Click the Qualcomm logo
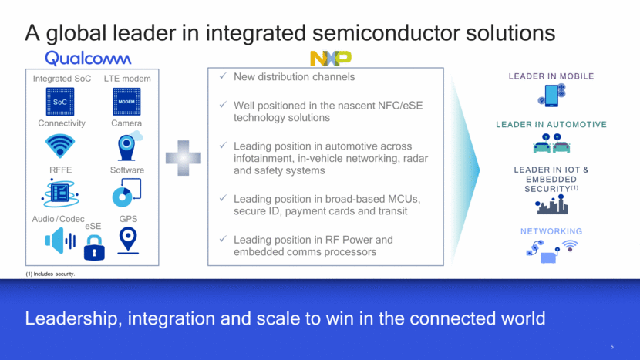(88, 59)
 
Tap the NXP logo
(331, 58)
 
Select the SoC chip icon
(60, 102)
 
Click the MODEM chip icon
(126, 102)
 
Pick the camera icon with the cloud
(129, 146)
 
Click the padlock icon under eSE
(94, 247)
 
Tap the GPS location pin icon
(128, 241)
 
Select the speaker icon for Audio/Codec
(60, 241)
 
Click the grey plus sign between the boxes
(184, 158)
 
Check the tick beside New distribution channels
(223, 76)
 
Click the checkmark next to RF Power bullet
(223, 239)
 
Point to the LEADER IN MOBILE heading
(551, 76)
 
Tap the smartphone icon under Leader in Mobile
(551, 96)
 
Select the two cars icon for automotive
(551, 143)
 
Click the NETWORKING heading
(551, 231)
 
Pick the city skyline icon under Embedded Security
(552, 204)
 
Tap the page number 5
(611, 347)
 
